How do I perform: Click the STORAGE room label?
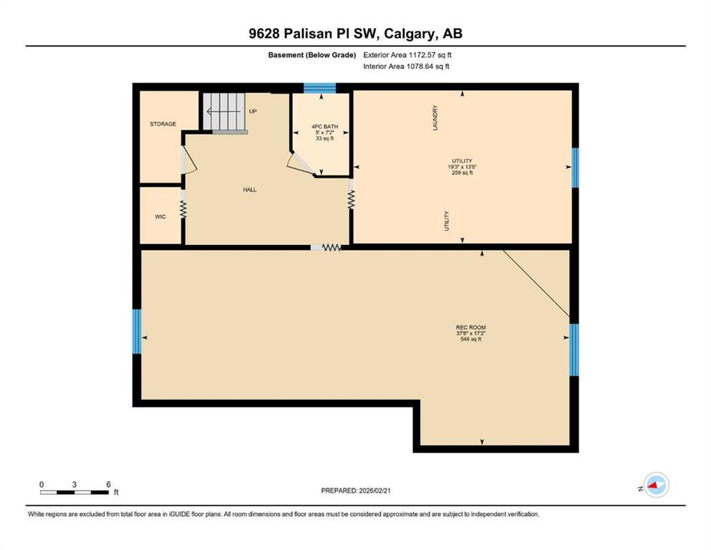pos(162,124)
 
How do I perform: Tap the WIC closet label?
pos(160,216)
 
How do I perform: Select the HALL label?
pos(250,190)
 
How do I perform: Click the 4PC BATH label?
pos(324,127)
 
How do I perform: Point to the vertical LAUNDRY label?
pos(435,118)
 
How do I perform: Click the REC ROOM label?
pos(471,327)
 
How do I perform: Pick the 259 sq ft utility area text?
pos(462,173)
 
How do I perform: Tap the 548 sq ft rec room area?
pos(471,339)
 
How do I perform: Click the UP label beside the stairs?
pos(253,111)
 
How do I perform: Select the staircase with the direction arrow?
pos(224,112)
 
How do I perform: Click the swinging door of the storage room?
pos(188,160)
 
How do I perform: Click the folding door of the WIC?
pos(183,209)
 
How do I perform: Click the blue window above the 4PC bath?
pos(320,88)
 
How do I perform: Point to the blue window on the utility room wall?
pos(575,168)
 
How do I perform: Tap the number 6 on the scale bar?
pos(108,485)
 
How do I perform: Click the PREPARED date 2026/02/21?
pos(375,491)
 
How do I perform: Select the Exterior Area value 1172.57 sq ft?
pos(429,55)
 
